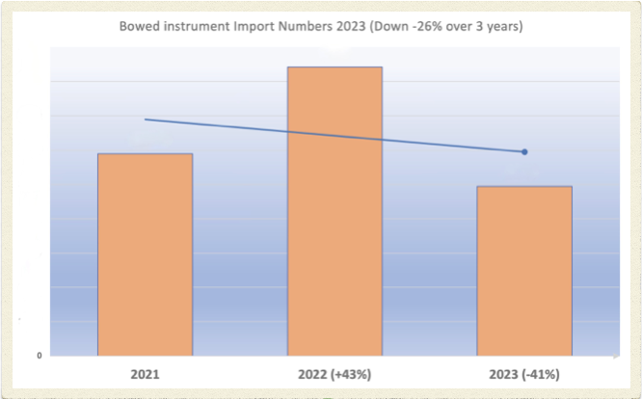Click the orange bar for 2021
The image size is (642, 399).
146,253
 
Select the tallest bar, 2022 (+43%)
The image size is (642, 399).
335,210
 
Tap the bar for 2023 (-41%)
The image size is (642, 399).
525,270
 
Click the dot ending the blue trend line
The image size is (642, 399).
524,151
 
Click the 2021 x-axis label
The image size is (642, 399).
145,373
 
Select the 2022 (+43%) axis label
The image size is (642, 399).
334,373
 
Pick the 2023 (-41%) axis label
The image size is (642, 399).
524,373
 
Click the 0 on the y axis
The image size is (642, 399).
40,356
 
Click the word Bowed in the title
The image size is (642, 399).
138,26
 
